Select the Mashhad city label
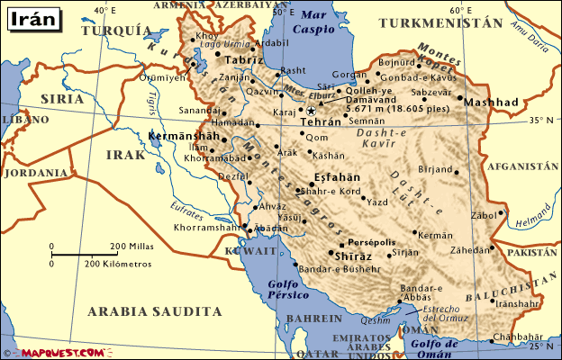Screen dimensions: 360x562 coord(492,103)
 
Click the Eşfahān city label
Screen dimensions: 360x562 coord(335,176)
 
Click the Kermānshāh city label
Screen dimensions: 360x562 coord(183,135)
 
